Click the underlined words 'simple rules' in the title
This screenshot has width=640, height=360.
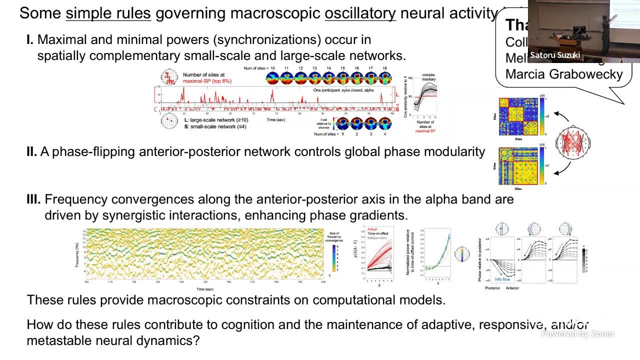[108, 13]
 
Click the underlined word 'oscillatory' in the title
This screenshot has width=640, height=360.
[360, 13]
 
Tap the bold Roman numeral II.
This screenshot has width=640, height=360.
[31, 152]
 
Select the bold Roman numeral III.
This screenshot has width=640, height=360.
[33, 199]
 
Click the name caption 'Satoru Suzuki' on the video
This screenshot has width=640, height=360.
[554, 55]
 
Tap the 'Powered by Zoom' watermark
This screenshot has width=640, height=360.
[577, 333]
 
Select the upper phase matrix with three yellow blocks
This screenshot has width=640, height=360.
[518, 116]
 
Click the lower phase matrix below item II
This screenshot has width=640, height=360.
[518, 166]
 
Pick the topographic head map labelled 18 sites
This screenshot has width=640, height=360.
[384, 78]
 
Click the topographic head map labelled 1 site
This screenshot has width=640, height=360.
[342, 123]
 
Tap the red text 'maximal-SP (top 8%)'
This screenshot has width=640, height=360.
[207, 81]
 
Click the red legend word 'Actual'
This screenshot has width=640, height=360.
[372, 229]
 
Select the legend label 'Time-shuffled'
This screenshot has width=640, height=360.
[378, 233]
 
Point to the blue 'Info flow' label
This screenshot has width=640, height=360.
[502, 279]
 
